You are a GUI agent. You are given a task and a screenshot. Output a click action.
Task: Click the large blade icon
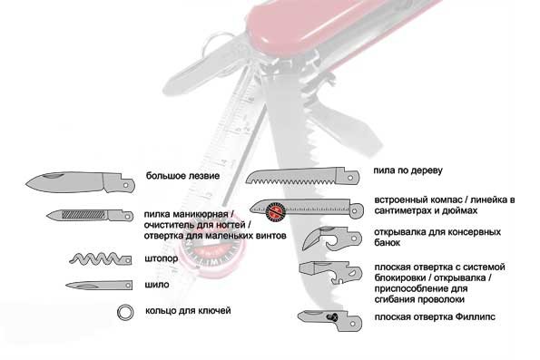point(80,182)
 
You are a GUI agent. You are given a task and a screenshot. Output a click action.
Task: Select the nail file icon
point(90,215)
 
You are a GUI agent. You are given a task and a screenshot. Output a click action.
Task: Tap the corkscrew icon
point(100,258)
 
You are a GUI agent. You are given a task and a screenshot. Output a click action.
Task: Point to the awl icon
point(99,286)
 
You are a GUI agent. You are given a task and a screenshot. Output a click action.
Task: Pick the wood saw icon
point(303,176)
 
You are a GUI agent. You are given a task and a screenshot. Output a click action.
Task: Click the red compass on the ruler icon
point(277,210)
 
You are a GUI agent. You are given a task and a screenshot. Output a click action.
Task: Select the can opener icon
point(332,238)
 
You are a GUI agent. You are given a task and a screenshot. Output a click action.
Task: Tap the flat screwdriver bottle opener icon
point(330,273)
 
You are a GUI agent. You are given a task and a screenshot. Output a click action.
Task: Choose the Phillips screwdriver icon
point(330,320)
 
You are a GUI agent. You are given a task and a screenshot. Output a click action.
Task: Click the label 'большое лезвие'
point(182,176)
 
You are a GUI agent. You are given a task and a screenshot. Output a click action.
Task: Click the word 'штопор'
point(162,258)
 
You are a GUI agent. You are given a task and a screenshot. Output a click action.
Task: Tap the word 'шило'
point(157,285)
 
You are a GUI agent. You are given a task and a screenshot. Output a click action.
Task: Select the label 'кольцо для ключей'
point(188,311)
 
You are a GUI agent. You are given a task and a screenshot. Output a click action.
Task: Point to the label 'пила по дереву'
point(407,170)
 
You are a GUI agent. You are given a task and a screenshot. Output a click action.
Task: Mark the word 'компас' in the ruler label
point(445,200)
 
